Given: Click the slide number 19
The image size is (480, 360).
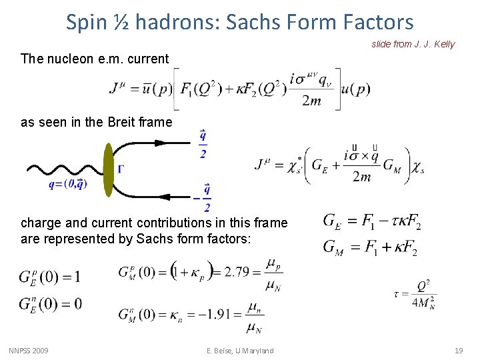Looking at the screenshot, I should click(459, 351).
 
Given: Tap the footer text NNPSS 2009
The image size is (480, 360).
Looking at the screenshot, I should click(29, 351).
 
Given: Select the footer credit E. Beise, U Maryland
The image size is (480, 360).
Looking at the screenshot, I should click(239, 351).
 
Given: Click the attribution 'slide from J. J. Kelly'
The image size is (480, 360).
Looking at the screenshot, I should click(413, 44).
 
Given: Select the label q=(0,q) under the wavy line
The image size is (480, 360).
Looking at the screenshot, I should click(67, 185).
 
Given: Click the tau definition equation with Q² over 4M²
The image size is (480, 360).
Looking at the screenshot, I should click(417, 293).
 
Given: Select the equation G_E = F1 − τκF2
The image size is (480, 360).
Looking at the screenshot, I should click(372, 221).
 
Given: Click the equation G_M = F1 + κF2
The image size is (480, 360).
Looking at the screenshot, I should click(371, 247).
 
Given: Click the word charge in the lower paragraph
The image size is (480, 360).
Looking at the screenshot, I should click(39, 223).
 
